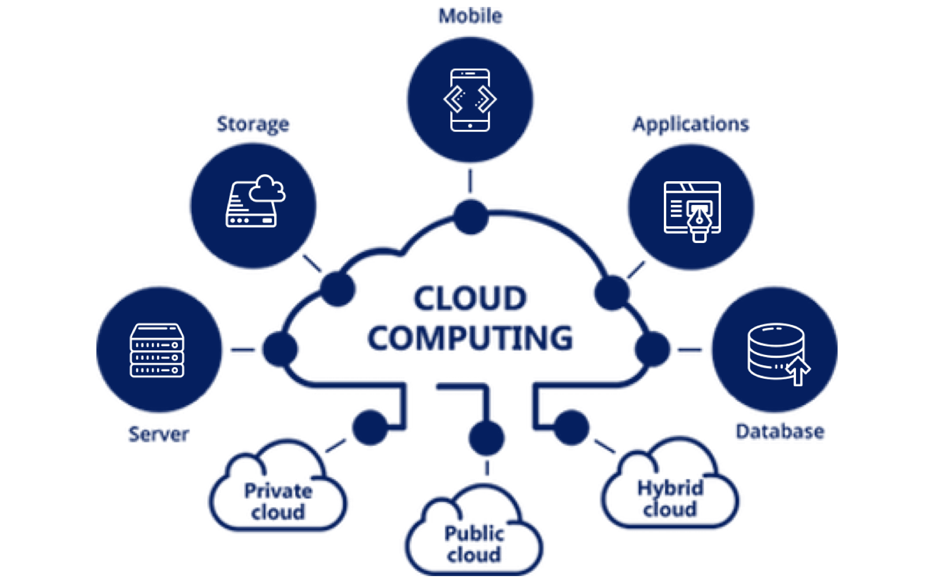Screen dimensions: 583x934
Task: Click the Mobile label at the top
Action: [470, 16]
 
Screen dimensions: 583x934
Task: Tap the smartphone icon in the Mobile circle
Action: [470, 100]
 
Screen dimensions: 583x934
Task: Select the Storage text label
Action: [253, 124]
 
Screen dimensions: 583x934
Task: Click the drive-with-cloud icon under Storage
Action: [255, 201]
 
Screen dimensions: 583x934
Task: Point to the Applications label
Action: [690, 124]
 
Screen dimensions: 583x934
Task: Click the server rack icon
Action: [157, 350]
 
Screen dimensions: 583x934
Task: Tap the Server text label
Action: [159, 434]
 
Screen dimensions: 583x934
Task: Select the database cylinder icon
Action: [775, 350]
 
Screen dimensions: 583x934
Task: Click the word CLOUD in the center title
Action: [470, 299]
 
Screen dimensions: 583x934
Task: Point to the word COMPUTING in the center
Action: [470, 338]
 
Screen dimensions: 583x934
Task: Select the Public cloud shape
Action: [474, 539]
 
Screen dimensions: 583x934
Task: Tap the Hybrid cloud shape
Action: [670, 493]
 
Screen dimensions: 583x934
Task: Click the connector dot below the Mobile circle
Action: [470, 217]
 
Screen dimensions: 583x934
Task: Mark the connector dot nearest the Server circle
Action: [280, 349]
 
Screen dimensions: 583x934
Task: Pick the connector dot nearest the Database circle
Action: [652, 349]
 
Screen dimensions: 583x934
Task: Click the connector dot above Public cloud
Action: [487, 438]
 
